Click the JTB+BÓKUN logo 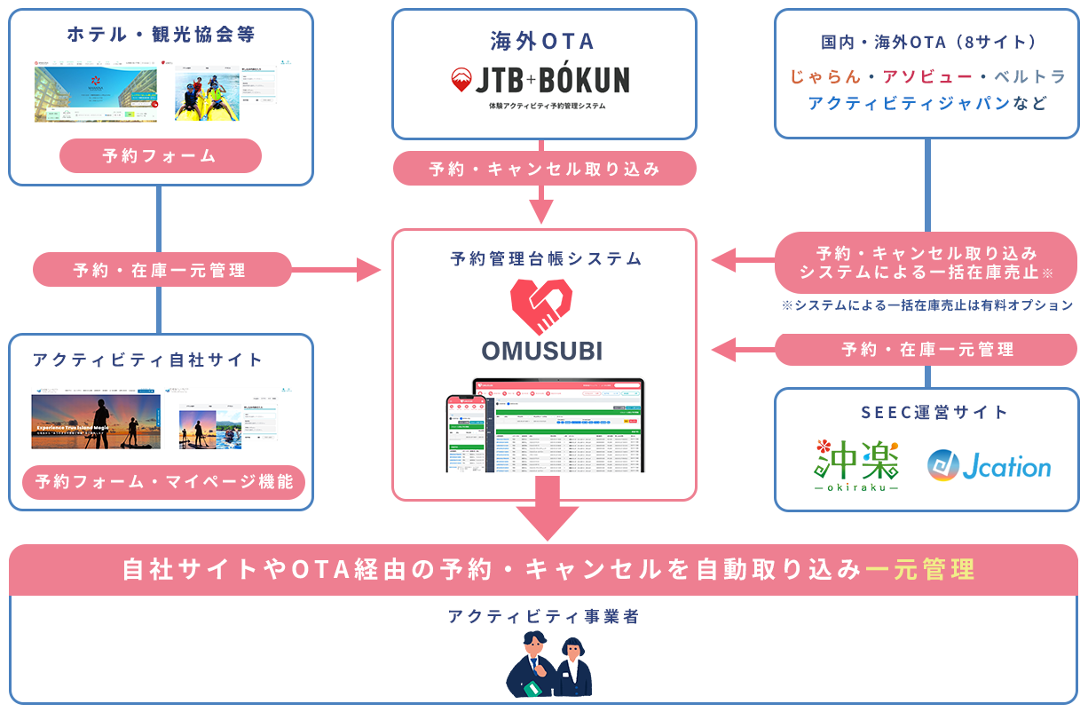point(540,81)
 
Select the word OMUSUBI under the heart point(542,351)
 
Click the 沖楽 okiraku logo point(856,465)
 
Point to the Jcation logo point(989,466)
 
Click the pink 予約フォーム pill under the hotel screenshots point(160,156)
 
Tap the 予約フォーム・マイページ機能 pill point(163,484)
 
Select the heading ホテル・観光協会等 point(161,35)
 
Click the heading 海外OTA point(542,41)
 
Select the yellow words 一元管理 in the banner point(919,570)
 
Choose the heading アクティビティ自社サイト point(147,360)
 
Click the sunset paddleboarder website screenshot point(96,421)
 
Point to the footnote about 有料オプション point(926,305)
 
